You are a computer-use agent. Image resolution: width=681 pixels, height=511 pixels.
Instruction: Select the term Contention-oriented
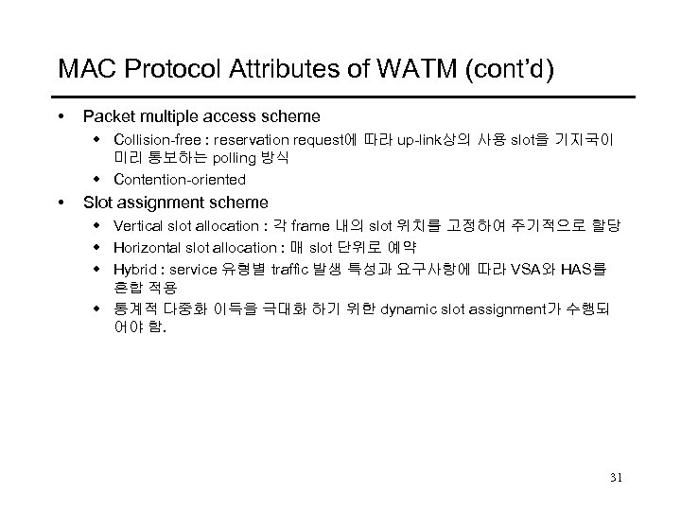tap(180, 179)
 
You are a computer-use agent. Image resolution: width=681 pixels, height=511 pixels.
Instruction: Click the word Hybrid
tap(133, 269)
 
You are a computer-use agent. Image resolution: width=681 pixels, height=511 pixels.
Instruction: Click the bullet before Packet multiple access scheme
tap(61, 117)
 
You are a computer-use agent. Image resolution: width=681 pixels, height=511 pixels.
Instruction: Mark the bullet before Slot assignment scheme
tap(61, 203)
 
